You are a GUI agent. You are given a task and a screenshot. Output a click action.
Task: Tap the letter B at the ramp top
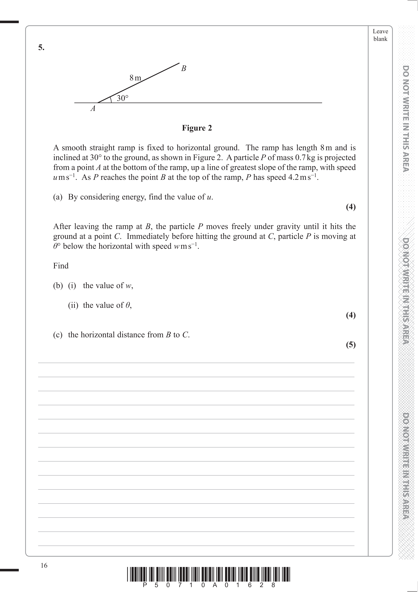click(184, 69)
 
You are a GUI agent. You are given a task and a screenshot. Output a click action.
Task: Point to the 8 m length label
click(135, 78)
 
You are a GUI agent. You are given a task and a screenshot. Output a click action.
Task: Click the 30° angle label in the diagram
click(122, 98)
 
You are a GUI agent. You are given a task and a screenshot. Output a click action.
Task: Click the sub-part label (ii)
click(73, 305)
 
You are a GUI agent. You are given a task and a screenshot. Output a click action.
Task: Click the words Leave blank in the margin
click(380, 35)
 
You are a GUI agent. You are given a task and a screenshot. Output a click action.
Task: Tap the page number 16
click(44, 565)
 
